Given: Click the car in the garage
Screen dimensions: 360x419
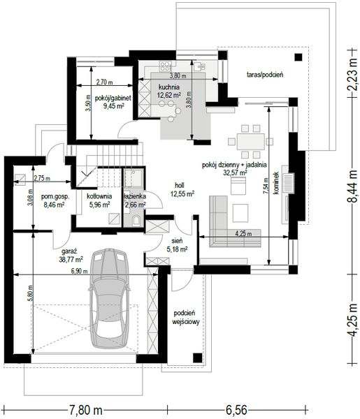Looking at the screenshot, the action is [x=109, y=299].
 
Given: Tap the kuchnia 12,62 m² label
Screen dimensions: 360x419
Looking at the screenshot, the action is [x=169, y=91].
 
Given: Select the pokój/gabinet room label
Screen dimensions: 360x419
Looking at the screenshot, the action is [x=113, y=98].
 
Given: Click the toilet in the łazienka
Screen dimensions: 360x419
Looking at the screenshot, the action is [x=136, y=221].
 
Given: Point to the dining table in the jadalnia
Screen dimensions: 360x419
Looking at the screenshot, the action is [x=251, y=142].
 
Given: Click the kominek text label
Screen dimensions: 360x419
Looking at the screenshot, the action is [x=277, y=183].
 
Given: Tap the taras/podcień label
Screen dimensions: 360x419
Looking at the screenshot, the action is [x=265, y=75].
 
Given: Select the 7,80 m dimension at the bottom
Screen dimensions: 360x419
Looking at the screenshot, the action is [x=86, y=411].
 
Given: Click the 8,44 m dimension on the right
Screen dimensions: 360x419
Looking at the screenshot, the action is [x=352, y=186].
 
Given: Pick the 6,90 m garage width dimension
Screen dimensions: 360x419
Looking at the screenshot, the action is [x=80, y=271].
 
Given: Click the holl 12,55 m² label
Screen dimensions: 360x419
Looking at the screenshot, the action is [x=182, y=189].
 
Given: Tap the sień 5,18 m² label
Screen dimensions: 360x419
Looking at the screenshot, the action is [x=177, y=245].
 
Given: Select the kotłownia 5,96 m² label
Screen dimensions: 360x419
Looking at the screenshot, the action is [x=99, y=200].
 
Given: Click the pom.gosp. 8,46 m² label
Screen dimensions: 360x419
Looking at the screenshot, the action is [x=55, y=200].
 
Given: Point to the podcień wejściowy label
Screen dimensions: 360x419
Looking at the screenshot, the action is [x=186, y=317].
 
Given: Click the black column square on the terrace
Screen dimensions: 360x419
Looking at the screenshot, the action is [x=298, y=57].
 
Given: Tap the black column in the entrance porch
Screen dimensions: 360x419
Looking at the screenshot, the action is [x=198, y=358].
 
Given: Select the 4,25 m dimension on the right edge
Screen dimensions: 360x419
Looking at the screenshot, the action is [x=352, y=320].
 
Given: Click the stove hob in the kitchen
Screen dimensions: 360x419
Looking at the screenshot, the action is [x=165, y=66].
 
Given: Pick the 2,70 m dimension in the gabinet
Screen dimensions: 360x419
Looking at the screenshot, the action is [x=105, y=82].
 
